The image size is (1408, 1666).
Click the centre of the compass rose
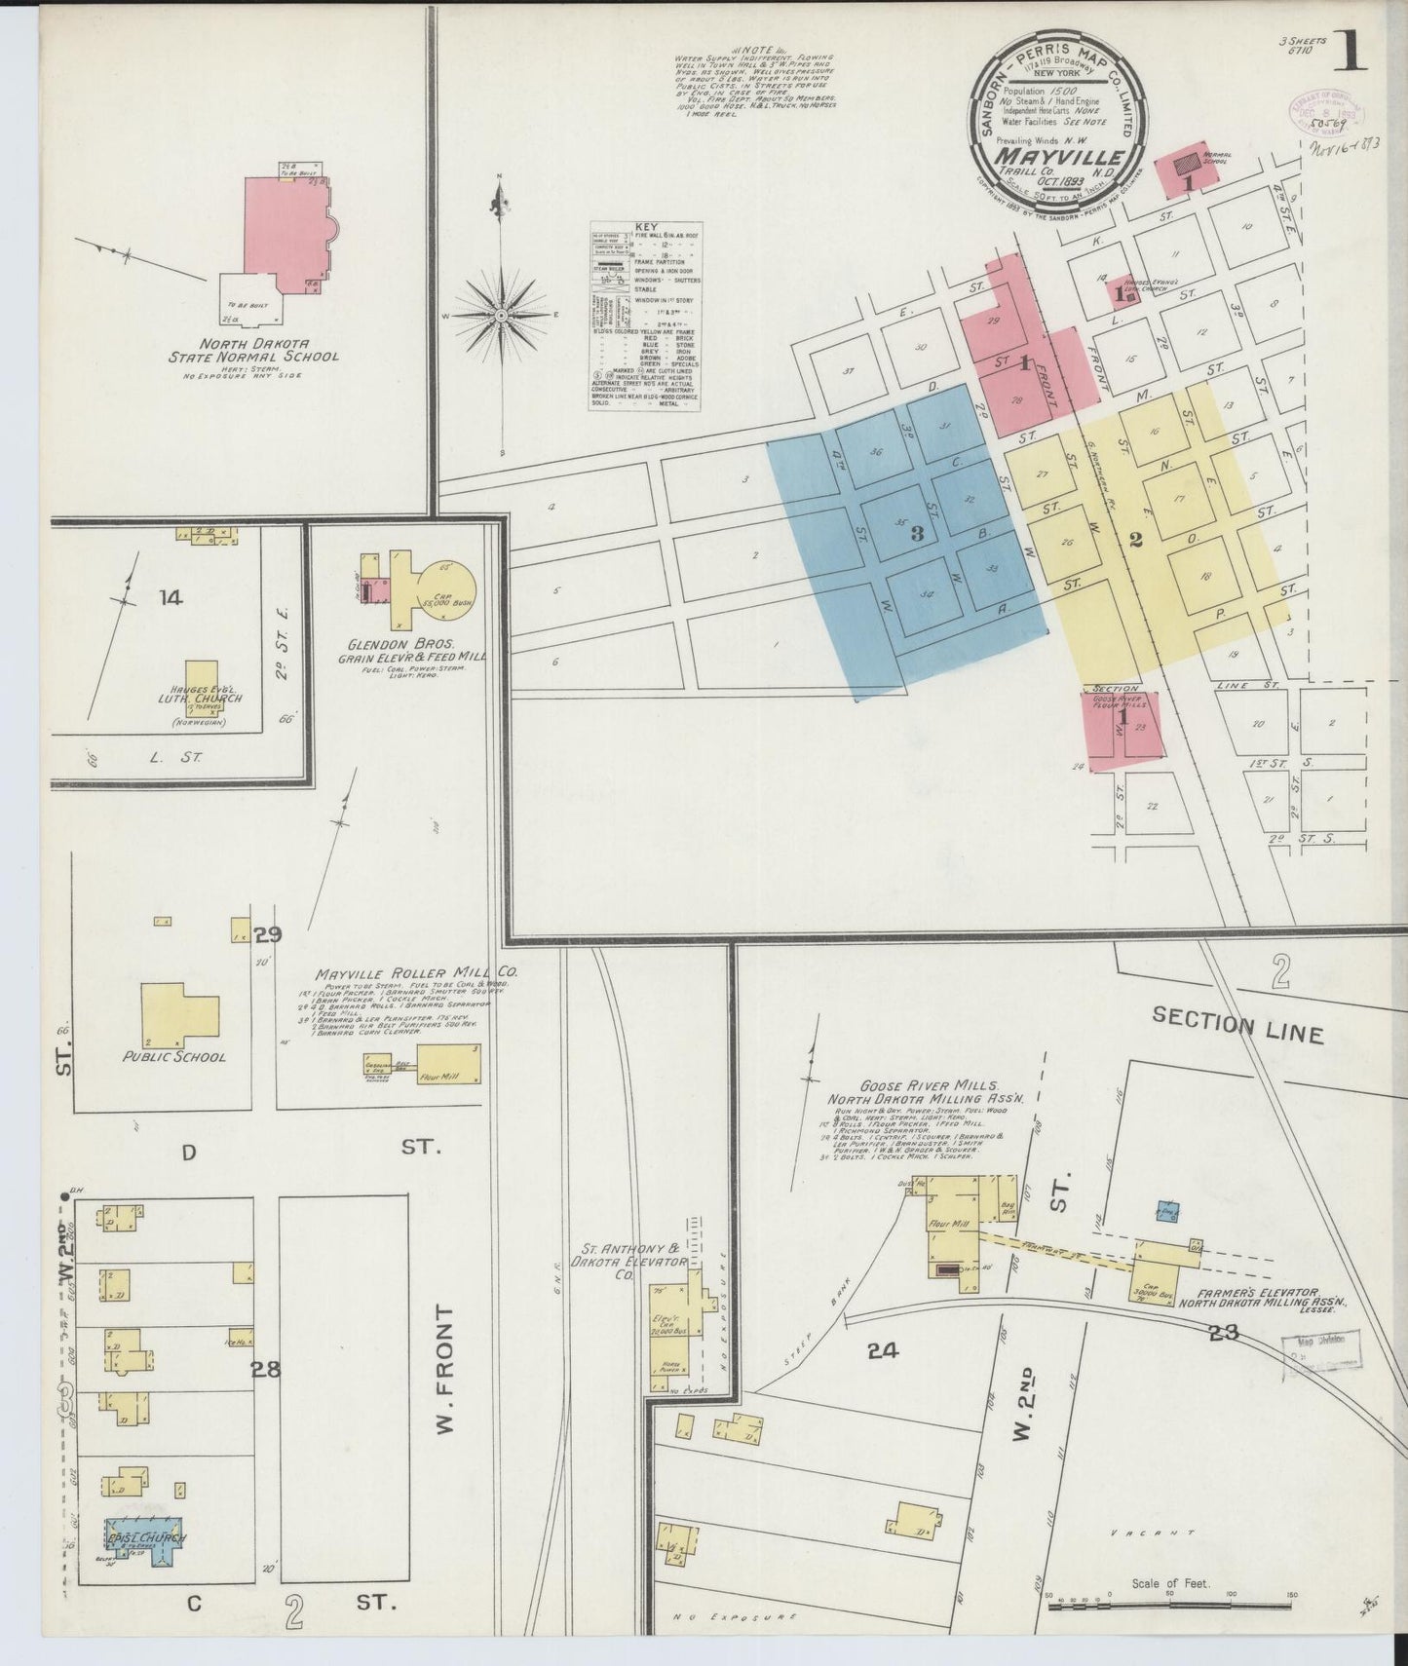[x=500, y=316]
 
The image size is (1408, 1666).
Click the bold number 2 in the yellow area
[x=1135, y=542]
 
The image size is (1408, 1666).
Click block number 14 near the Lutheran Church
[x=171, y=597]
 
